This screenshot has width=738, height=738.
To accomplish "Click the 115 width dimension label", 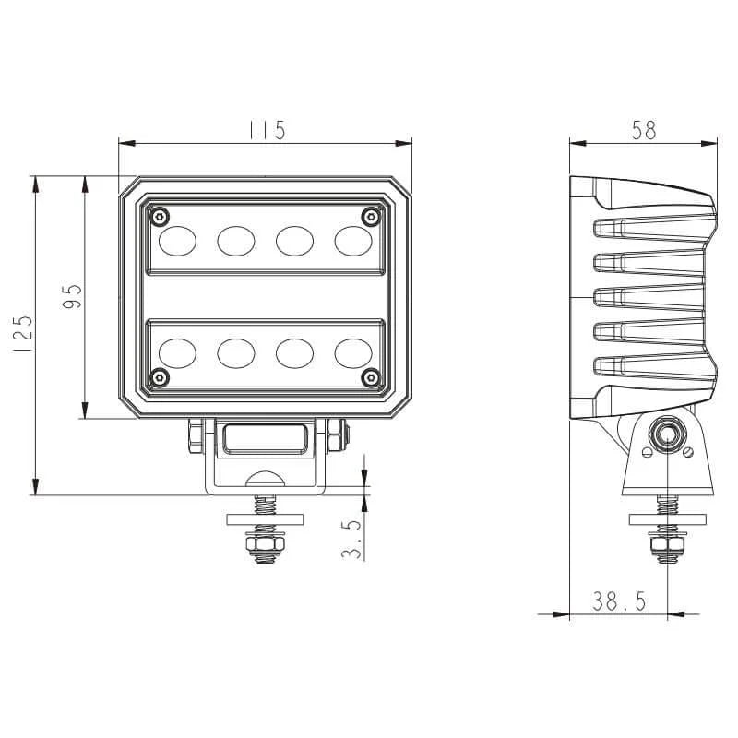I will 266,130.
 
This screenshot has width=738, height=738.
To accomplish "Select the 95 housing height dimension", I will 74,297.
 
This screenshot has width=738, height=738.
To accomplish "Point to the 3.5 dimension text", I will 351,539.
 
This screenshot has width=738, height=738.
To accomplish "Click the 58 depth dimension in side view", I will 644,130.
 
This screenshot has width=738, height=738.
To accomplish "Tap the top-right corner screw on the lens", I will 371,217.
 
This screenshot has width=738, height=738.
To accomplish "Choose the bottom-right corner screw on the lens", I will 371,376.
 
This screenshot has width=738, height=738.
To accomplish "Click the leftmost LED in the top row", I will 177,241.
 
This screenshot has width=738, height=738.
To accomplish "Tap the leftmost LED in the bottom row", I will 177,352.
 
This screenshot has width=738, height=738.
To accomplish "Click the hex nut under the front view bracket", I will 265,547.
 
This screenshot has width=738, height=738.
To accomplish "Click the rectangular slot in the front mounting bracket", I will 266,438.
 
